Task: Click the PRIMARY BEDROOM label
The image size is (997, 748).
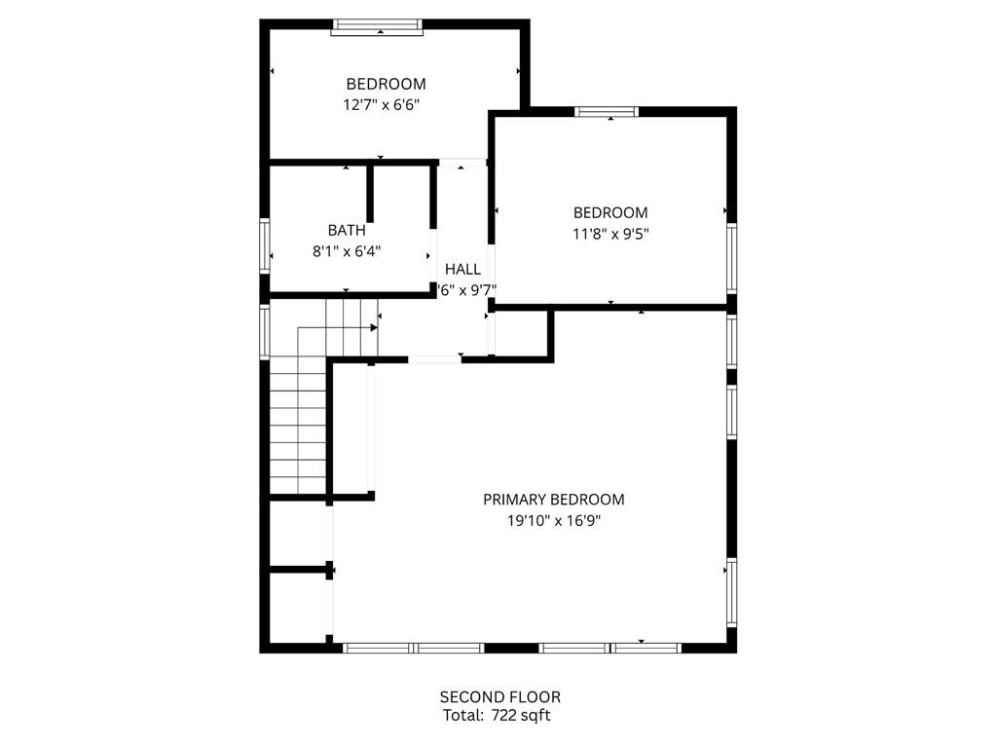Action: (553, 500)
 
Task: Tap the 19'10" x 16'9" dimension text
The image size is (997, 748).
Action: (553, 521)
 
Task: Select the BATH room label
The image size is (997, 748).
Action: (347, 231)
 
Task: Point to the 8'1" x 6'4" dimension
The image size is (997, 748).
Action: (347, 251)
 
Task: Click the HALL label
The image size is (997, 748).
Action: (462, 270)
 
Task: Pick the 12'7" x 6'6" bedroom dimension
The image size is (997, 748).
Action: (386, 104)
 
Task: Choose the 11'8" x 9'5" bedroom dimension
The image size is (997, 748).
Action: (609, 234)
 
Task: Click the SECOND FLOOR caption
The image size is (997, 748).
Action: (499, 697)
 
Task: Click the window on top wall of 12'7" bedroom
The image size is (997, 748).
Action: (378, 27)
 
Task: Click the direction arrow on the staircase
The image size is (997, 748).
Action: (373, 328)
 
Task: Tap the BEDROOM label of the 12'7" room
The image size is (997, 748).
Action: (386, 84)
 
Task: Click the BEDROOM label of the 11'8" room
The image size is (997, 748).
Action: (609, 212)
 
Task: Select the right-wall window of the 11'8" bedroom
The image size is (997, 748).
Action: (731, 258)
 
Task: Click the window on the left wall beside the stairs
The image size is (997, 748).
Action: (264, 332)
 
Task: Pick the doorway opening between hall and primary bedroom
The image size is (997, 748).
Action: (434, 359)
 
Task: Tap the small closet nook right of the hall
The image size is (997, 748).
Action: (523, 334)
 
